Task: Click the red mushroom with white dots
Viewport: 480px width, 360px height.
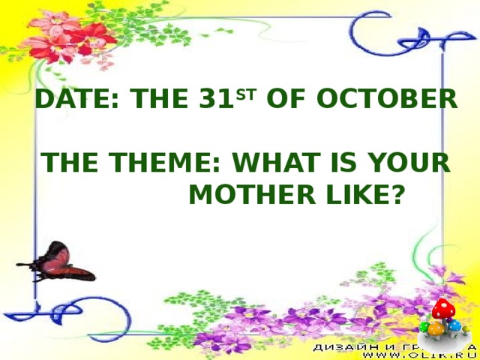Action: coord(444,308)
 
